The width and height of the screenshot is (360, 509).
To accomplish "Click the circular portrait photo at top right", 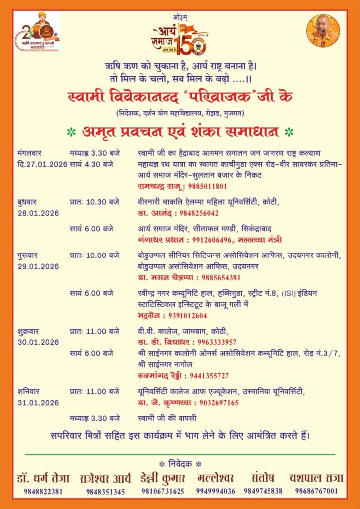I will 323,31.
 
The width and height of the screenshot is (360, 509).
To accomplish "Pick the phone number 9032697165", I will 217,403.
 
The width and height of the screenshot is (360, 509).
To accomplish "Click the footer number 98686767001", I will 316,491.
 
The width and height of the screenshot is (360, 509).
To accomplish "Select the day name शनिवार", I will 30,392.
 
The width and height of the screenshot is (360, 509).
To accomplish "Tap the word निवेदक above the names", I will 180,464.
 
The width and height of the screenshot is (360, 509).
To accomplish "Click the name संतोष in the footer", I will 264,478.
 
